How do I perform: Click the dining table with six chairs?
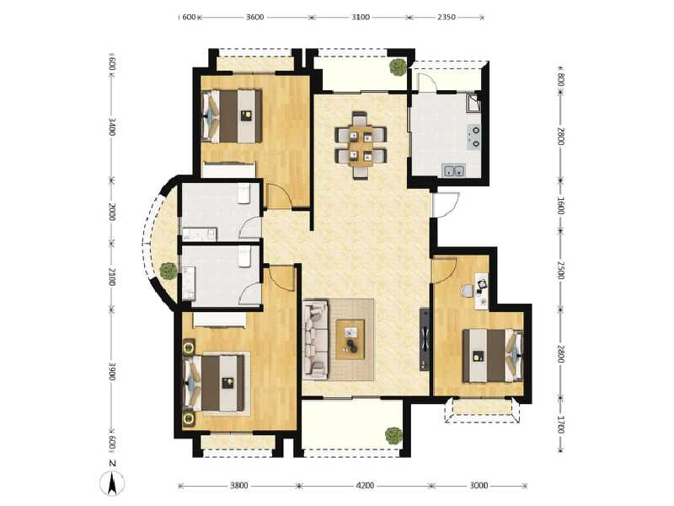[x=361, y=144]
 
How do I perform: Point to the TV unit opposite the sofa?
[x=425, y=339]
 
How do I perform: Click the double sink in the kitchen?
[x=456, y=172]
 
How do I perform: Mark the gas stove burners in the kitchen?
[x=475, y=137]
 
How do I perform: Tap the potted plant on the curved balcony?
[x=168, y=271]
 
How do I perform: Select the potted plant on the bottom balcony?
[x=393, y=435]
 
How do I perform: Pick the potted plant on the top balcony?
[x=396, y=68]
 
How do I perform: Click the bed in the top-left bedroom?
[x=233, y=116]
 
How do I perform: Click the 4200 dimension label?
[x=364, y=486]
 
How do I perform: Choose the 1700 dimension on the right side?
[x=559, y=424]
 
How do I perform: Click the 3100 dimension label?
[x=359, y=17]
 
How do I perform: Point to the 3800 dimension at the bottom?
[x=238, y=486]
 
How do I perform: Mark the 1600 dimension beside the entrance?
[x=559, y=207]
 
